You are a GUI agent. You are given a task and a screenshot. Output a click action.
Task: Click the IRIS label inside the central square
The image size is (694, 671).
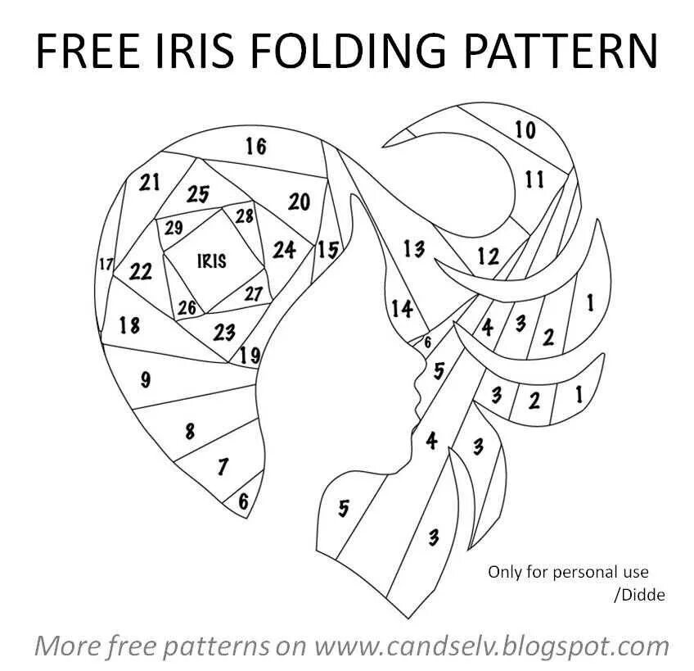[212, 261]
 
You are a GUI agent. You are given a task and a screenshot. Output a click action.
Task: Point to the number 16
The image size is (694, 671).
[255, 147]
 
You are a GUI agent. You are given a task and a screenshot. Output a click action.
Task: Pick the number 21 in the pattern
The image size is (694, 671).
[149, 182]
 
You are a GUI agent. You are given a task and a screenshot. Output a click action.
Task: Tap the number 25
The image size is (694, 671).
[198, 195]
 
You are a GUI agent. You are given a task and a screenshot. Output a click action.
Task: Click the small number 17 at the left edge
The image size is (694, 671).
[106, 265]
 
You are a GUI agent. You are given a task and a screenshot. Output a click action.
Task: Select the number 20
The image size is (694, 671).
[300, 202]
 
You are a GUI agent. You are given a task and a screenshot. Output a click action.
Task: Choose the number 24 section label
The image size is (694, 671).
[284, 249]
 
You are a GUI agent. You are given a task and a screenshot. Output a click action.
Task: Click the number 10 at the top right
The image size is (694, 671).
[525, 129]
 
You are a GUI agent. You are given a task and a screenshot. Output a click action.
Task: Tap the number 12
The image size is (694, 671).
[488, 256]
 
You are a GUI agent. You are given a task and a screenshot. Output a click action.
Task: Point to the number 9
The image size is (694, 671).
[146, 379]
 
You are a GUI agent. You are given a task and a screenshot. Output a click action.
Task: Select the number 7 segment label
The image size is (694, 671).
[223, 467]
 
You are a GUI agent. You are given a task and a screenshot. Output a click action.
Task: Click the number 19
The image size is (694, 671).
[250, 356]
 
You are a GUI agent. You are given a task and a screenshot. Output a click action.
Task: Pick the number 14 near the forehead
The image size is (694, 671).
[402, 309]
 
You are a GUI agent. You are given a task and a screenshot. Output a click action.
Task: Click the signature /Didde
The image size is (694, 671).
[639, 595]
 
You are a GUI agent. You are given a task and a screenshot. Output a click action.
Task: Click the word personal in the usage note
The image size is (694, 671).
[597, 571]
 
